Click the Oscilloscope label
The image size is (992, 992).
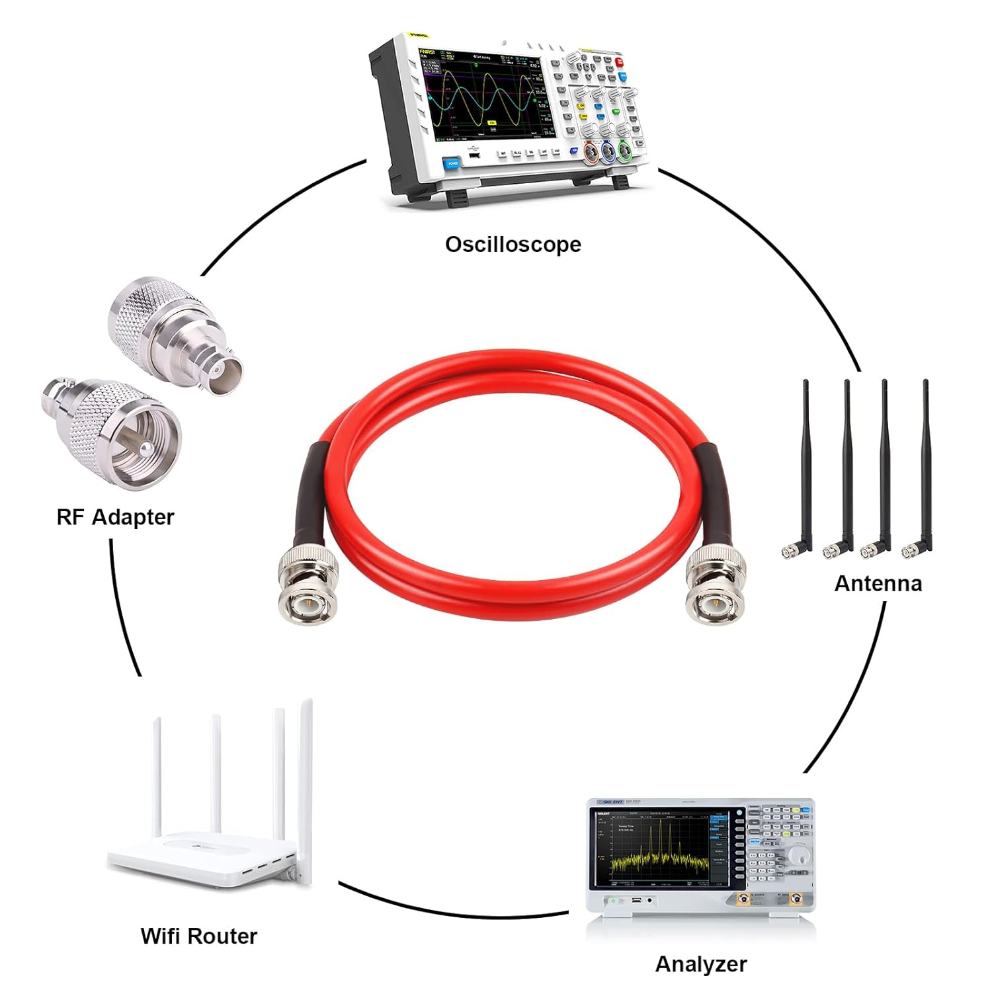pos(513,245)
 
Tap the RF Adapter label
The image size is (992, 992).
pos(115,517)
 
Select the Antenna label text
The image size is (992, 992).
pos(878,583)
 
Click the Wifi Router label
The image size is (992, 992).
pos(198,936)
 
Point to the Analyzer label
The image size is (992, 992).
pos(701,964)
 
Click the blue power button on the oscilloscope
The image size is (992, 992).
pos(452,163)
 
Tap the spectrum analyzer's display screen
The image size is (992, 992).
pos(661,847)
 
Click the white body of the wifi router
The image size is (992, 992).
pos(198,860)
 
